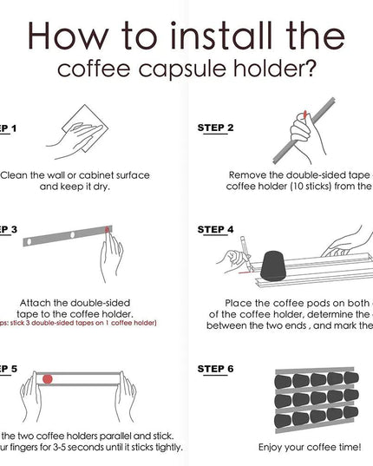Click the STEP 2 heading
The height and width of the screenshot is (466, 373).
pos(215,127)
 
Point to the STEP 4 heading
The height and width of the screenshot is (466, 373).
pos(215,230)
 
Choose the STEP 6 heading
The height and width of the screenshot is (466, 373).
pos(215,368)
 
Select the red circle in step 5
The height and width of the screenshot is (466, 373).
pos(49,379)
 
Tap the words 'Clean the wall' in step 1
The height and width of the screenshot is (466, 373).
pos(35,174)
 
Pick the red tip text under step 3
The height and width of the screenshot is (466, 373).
pos(78,323)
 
